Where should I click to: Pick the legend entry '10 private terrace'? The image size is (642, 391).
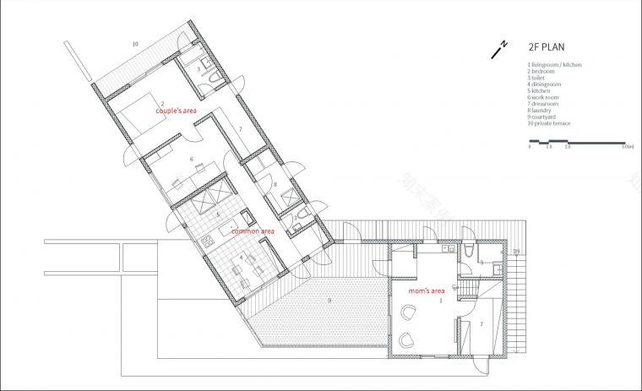pos(549,123)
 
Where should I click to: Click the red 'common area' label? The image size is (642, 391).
pos(252,231)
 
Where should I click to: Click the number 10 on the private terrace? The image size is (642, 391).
pos(134,42)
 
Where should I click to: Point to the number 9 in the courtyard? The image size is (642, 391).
pos(329,300)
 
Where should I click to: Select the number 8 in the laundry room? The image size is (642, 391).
pos(275,183)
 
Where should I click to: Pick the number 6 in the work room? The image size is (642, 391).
pos(192,158)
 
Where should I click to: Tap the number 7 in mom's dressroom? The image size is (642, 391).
pos(482,323)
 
